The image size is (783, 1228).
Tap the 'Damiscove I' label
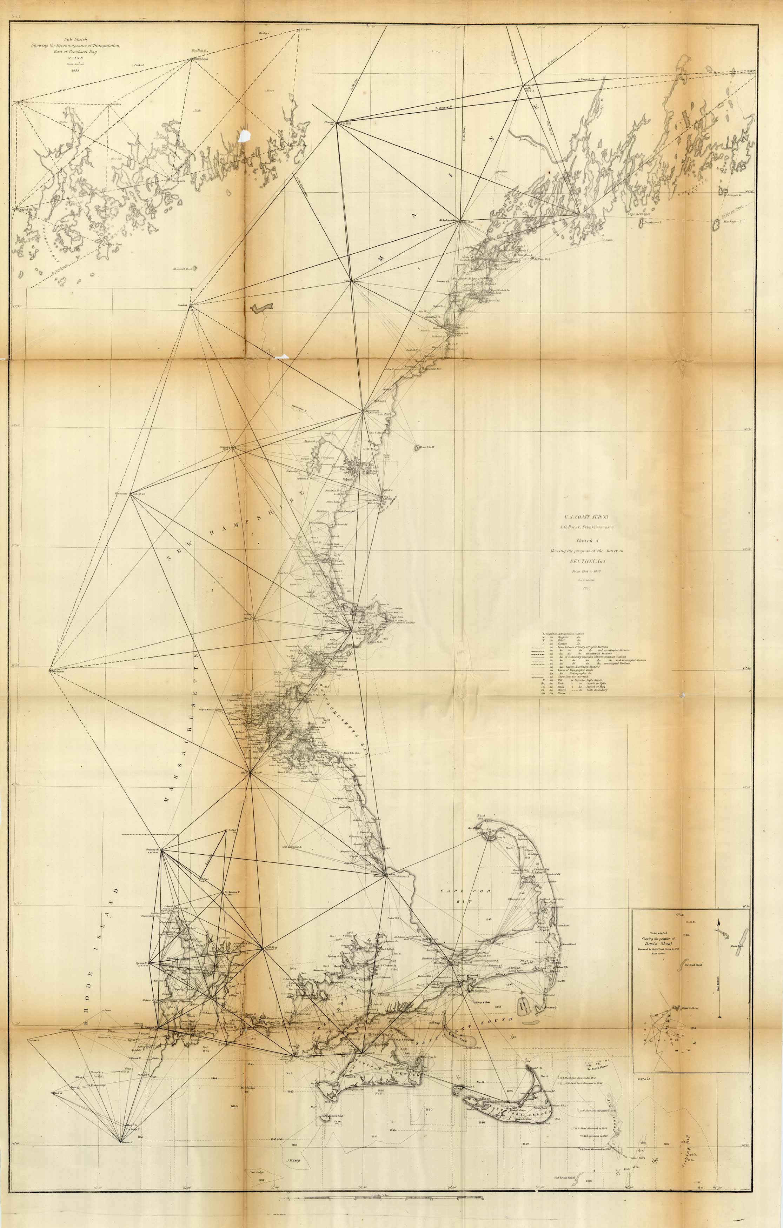pyautogui.click(x=652, y=223)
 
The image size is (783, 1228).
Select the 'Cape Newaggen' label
pyautogui.click(x=640, y=214)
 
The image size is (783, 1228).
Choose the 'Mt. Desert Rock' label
pyautogui.click(x=181, y=268)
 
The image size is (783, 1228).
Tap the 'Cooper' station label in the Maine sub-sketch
pyautogui.click(x=306, y=29)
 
